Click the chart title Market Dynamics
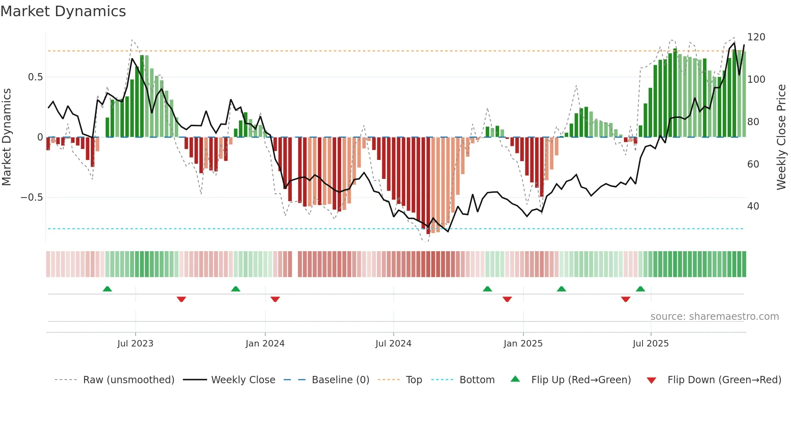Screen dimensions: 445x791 pos(63,11)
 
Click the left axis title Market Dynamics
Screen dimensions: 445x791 pos(6,137)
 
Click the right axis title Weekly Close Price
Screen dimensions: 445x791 pos(782,137)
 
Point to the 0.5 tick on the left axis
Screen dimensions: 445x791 pos(35,77)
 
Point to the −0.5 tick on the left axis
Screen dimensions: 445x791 pos(32,197)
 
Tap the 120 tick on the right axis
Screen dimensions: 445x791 pos(756,37)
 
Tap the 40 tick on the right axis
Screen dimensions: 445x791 pos(753,206)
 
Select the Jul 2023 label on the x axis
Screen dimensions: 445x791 pos(135,344)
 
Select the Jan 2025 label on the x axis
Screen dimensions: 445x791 pos(523,344)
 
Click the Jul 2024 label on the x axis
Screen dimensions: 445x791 pos(393,344)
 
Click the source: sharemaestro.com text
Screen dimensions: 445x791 pos(714,317)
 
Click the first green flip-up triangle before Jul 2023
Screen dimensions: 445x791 pos(107,289)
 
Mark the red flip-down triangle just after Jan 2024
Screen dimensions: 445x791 pos(275,299)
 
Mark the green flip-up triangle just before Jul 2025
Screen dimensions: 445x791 pos(640,289)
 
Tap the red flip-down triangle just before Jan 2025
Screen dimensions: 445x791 pos(507,299)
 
